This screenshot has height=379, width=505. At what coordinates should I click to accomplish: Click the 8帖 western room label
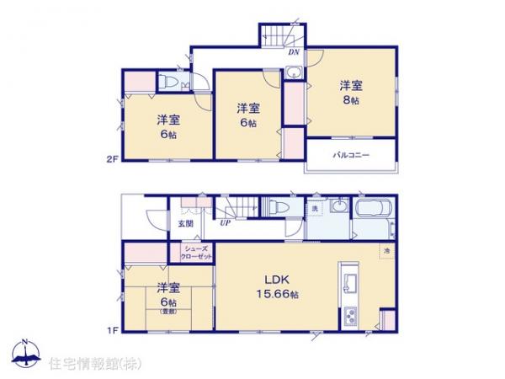pos(352,91)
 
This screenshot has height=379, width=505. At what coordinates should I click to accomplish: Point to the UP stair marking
pos(226,223)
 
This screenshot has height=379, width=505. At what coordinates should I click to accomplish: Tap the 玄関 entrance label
pos(185,224)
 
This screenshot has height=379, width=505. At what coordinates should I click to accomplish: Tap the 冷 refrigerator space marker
pos(387,252)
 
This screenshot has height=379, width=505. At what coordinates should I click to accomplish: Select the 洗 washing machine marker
pos(314,208)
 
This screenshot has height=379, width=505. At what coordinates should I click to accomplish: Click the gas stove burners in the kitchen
pos(352,318)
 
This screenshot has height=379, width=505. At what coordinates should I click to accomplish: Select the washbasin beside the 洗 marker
pos(338,208)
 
